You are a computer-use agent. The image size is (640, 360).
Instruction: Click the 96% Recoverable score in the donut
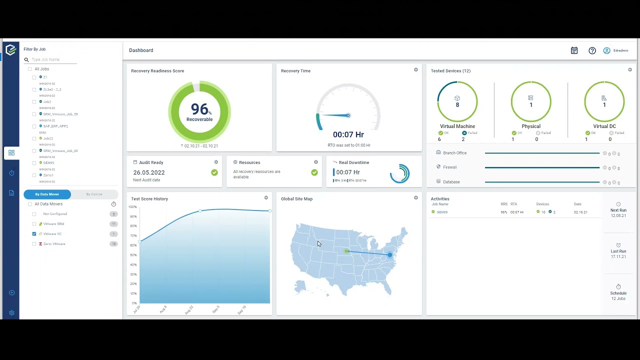(199, 111)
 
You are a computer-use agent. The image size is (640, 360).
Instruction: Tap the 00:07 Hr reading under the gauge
(348, 134)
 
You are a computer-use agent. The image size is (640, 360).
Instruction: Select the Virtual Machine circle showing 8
(457, 101)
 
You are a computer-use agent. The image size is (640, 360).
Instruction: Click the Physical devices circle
(530, 101)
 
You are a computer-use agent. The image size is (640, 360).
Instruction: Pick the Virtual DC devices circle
(604, 101)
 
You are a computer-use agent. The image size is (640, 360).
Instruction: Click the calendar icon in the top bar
(574, 50)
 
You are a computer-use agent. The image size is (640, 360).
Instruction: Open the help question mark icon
(592, 50)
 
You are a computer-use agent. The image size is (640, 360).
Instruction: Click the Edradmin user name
(620, 50)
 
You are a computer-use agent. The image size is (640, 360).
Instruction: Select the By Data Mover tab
(47, 194)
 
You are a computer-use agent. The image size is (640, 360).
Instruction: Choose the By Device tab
(94, 194)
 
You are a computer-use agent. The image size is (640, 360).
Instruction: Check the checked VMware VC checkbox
(34, 234)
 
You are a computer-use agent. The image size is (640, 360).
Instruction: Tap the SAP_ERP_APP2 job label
(55, 126)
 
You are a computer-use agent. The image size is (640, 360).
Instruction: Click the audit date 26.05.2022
(149, 172)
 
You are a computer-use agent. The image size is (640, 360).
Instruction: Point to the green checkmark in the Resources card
(314, 172)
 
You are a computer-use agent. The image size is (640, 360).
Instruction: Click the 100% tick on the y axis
(132, 206)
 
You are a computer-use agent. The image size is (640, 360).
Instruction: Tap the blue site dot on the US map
(390, 255)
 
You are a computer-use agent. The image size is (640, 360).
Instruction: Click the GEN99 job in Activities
(442, 212)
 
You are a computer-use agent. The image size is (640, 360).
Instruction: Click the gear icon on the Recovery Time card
(416, 70)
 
